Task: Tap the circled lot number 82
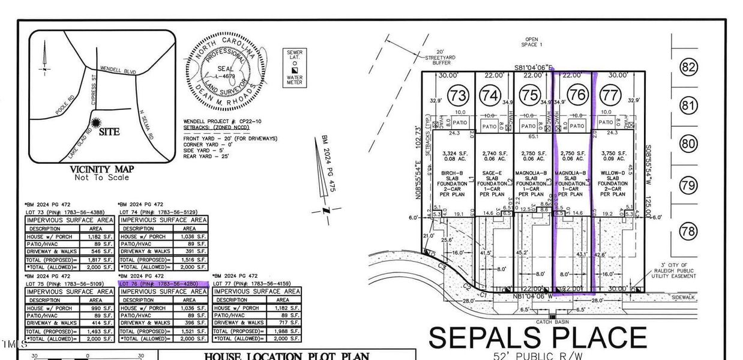point(688,65)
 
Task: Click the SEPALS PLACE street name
point(537,338)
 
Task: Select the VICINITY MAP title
point(101,169)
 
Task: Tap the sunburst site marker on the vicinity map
point(95,124)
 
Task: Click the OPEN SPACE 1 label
point(531,41)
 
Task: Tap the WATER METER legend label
point(294,80)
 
